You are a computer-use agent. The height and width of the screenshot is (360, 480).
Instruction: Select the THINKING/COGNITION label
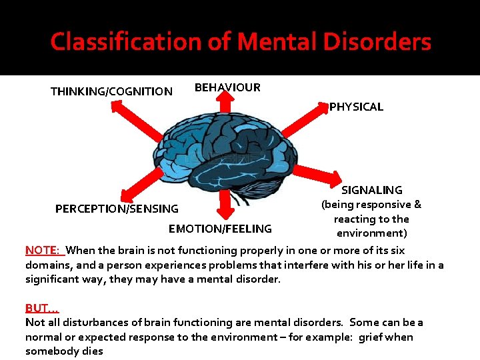tap(111, 91)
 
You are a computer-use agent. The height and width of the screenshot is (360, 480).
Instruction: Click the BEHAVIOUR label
tap(227, 87)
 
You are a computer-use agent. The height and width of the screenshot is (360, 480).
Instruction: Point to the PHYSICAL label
tap(356, 107)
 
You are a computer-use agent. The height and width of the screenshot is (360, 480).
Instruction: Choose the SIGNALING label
tap(372, 190)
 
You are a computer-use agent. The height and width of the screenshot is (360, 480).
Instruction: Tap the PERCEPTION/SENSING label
tap(117, 209)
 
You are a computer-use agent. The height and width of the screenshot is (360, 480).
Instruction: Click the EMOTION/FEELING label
tap(220, 229)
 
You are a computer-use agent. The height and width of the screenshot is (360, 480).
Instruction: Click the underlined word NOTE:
tap(43, 251)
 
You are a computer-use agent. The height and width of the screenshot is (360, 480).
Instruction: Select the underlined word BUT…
tap(42, 308)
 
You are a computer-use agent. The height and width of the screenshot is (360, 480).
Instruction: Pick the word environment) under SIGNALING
tap(371, 233)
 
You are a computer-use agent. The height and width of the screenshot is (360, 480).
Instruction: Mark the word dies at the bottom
tap(91, 351)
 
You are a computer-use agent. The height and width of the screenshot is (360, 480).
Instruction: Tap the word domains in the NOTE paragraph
tap(47, 265)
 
